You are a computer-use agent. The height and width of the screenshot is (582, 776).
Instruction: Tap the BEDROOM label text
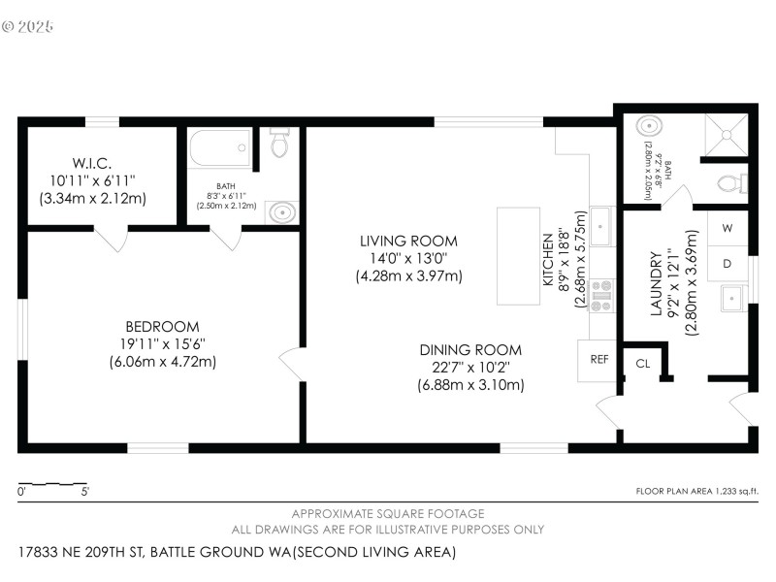162,327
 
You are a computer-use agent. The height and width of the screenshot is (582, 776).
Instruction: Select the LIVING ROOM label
408,241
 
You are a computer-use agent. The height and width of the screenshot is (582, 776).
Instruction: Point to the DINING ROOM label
470,350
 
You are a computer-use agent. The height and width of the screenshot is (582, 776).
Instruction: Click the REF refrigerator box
598,359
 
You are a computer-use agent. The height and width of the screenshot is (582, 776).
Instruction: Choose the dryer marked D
727,263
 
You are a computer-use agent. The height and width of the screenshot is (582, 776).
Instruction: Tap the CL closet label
642,364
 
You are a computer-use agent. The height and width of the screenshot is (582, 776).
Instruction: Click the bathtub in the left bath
220,149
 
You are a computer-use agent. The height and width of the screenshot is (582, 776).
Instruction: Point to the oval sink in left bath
280,211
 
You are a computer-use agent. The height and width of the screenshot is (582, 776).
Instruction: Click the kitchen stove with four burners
601,295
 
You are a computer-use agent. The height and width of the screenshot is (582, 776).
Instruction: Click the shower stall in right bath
724,135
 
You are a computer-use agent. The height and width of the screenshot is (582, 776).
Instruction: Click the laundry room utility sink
733,298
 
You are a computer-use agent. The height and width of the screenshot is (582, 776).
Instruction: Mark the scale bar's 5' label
85,492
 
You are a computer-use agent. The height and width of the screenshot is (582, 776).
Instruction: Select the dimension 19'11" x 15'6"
162,344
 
